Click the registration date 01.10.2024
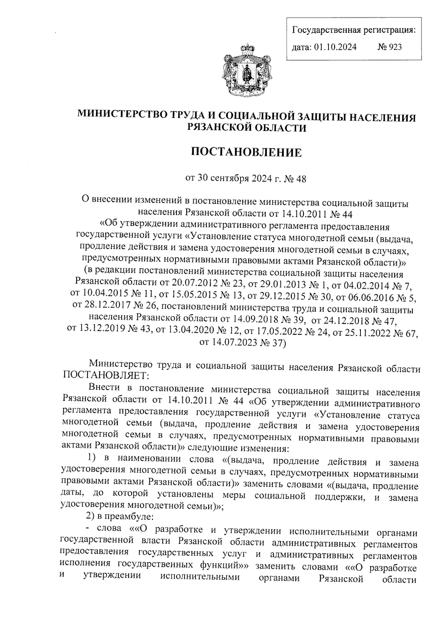point(334,47)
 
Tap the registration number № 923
point(390,47)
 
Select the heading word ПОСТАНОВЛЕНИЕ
point(246,152)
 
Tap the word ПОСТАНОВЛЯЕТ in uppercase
point(104,374)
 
